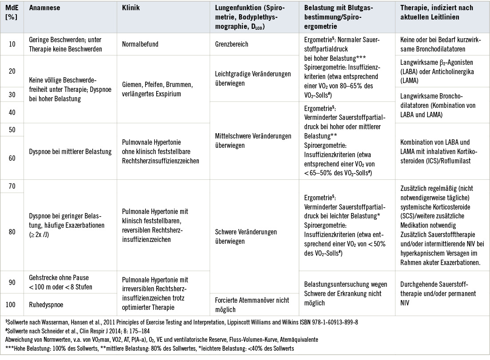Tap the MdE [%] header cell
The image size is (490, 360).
click(x=12, y=12)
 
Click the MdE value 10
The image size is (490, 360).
click(x=12, y=45)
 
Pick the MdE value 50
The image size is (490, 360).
click(x=12, y=129)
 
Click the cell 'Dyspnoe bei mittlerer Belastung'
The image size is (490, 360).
click(x=70, y=152)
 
